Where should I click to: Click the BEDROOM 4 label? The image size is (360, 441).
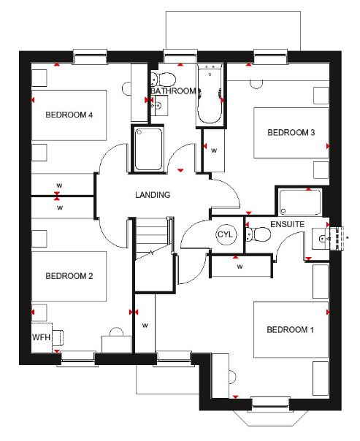(x=69, y=115)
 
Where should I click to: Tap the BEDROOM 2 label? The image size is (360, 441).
(x=69, y=276)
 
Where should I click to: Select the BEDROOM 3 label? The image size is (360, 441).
(x=291, y=132)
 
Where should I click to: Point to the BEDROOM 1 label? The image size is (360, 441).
(x=290, y=329)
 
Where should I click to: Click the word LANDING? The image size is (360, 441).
(x=153, y=195)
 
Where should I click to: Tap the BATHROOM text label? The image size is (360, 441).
(x=173, y=91)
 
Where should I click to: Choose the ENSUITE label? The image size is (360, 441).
(x=288, y=224)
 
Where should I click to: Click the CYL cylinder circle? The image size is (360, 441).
(x=226, y=234)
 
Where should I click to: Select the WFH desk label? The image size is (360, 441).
(x=42, y=337)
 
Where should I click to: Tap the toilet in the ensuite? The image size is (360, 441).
(x=258, y=234)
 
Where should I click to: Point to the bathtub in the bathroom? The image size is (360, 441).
(x=210, y=94)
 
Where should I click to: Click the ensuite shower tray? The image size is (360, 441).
(x=300, y=202)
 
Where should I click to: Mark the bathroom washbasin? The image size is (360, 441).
(x=159, y=105)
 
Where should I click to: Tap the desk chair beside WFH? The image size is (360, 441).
(x=58, y=337)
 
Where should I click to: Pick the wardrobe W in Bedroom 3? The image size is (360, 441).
(x=214, y=150)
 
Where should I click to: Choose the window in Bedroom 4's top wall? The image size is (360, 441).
(x=90, y=57)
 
